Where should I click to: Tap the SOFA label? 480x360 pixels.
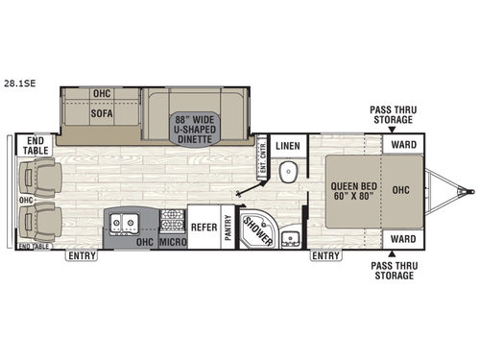(x=102, y=112)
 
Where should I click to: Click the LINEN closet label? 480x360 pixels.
(x=288, y=146)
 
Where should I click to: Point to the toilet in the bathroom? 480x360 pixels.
(x=288, y=173)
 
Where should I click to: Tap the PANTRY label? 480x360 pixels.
(x=228, y=228)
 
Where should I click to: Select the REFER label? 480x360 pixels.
(x=203, y=228)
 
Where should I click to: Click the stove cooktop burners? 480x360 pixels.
(x=171, y=220)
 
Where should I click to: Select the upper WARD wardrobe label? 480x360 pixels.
(x=402, y=146)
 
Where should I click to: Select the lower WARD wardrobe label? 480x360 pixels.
(x=402, y=238)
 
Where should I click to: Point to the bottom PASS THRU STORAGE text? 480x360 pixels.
(x=392, y=270)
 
